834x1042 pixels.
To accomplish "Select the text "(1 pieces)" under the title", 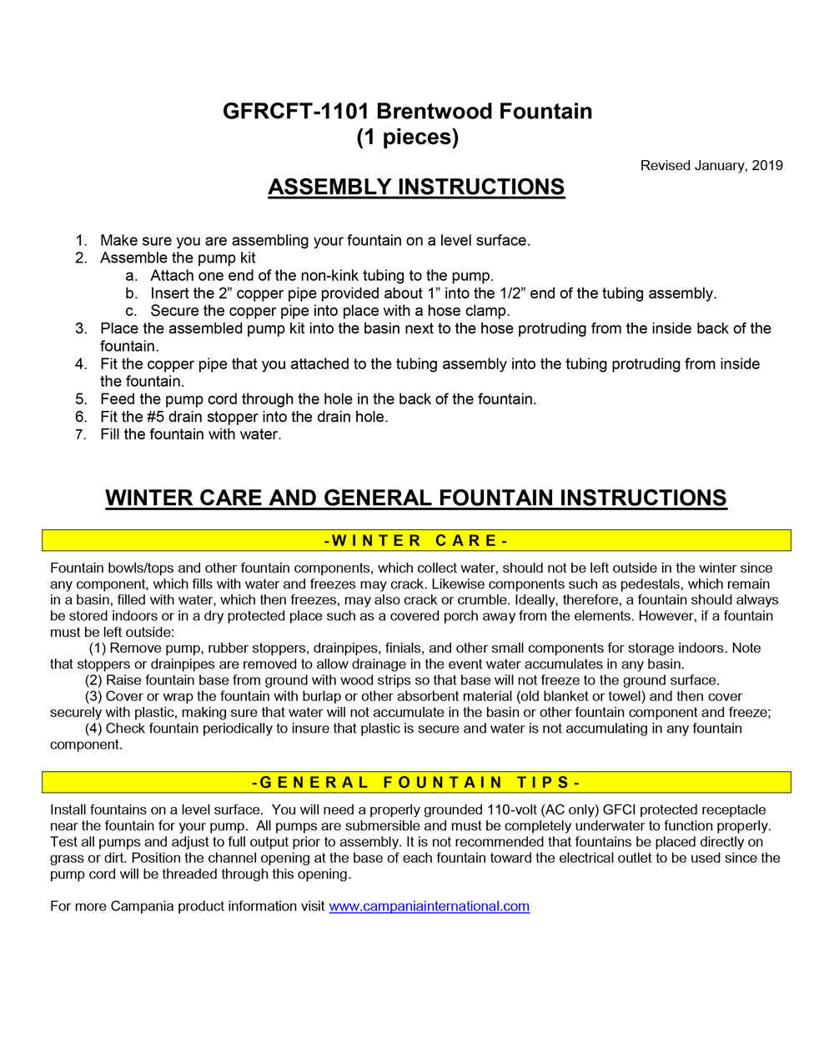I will [407, 137].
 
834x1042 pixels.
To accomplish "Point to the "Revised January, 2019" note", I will [711, 165].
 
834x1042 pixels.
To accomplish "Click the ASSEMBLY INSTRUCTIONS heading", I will [416, 187].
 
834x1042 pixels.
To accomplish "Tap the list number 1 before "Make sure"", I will [81, 241].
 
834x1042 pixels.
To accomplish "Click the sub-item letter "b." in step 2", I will [132, 293].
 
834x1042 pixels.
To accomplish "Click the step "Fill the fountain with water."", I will [190, 434].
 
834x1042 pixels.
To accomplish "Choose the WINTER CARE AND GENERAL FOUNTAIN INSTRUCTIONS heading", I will [416, 498].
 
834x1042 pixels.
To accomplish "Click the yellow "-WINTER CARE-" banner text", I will [416, 541].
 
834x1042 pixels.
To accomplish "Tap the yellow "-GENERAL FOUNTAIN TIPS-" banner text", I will [416, 783].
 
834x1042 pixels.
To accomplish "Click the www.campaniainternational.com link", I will [429, 906].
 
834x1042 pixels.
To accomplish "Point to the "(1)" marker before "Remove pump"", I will [98, 649].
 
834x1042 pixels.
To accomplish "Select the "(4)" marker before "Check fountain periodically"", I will [93, 729].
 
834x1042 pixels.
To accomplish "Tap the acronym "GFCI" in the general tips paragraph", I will [619, 809].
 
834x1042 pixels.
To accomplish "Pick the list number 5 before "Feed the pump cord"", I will [81, 399].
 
